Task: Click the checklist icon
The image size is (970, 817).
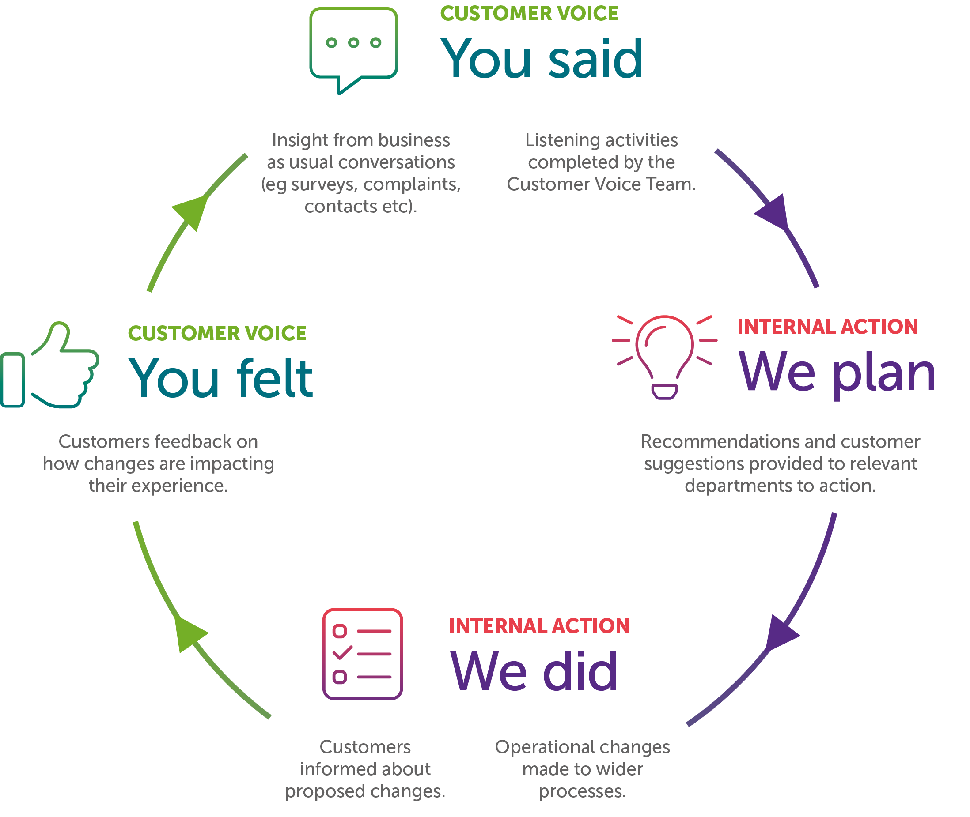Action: (x=362, y=654)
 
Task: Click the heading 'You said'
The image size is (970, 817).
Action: (x=541, y=59)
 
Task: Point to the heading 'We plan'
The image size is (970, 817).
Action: (x=837, y=373)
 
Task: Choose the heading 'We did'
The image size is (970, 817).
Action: (x=534, y=671)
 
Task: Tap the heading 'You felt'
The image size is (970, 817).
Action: (x=220, y=378)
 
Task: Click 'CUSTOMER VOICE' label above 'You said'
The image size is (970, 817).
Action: (x=529, y=13)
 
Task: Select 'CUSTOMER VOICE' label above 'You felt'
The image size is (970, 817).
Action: (x=217, y=334)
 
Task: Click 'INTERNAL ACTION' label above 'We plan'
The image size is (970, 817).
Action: (x=827, y=327)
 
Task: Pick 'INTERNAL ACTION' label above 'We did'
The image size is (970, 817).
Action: (x=539, y=626)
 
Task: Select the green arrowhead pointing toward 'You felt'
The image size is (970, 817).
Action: (x=189, y=635)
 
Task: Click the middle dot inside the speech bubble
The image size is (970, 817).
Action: (x=354, y=43)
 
